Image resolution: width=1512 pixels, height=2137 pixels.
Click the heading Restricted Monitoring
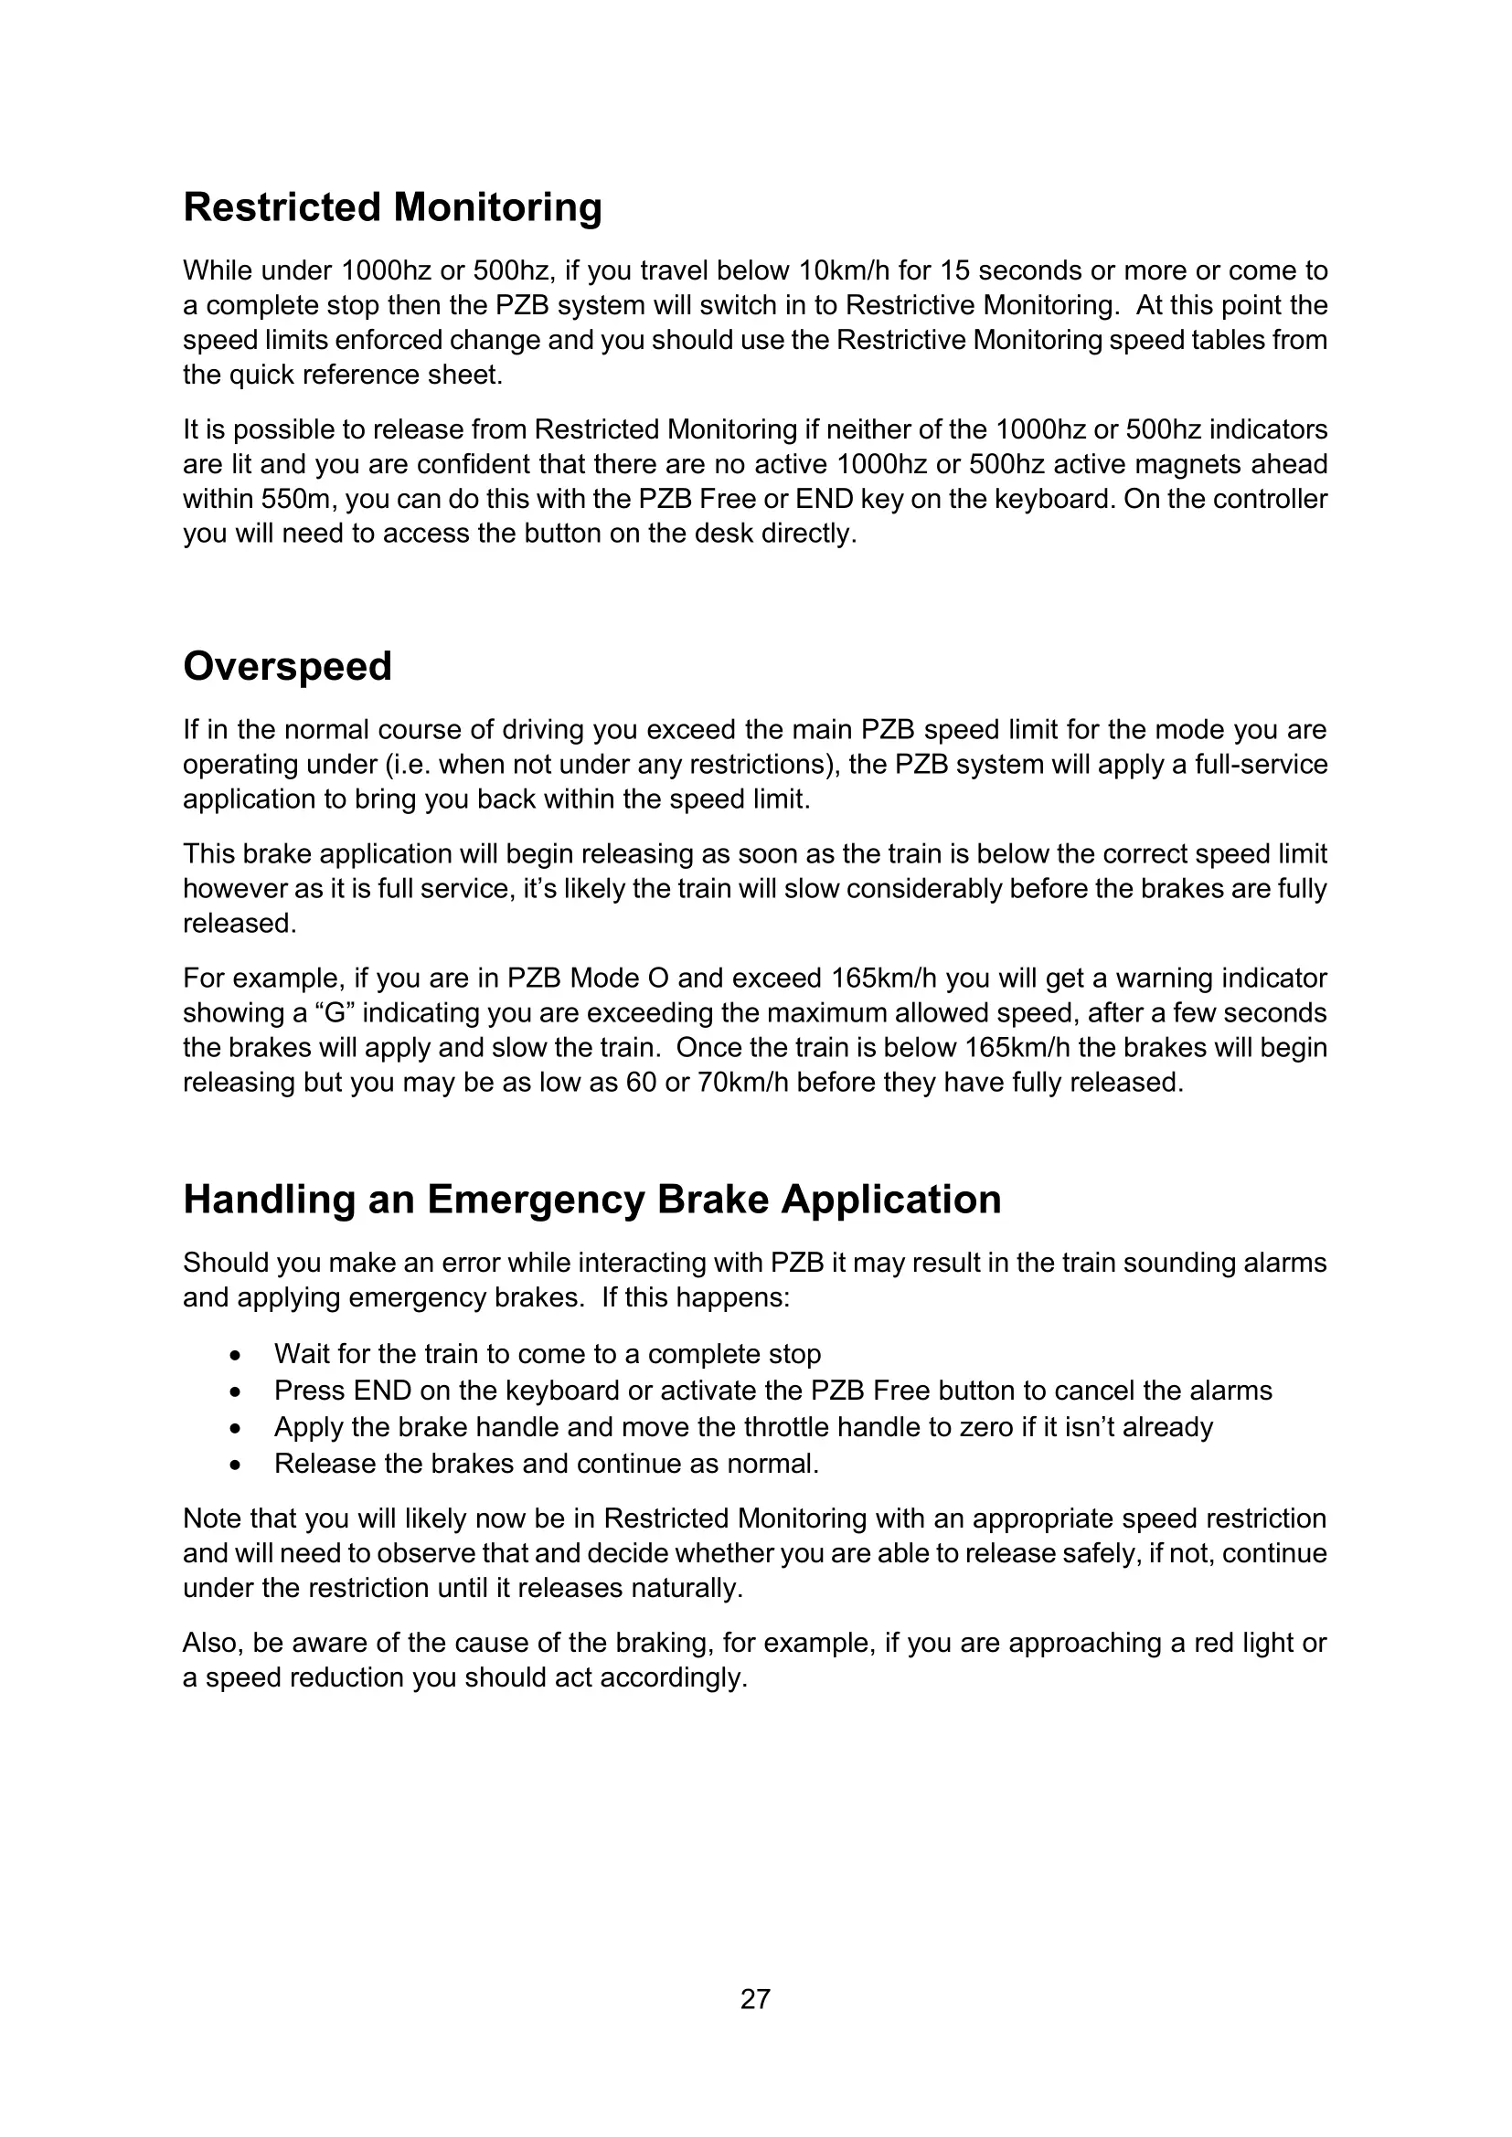(392, 207)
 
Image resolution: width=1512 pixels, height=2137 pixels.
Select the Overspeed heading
(287, 666)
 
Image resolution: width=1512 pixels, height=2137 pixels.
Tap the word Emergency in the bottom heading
(536, 1199)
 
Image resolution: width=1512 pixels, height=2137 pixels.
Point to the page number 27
(755, 1999)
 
